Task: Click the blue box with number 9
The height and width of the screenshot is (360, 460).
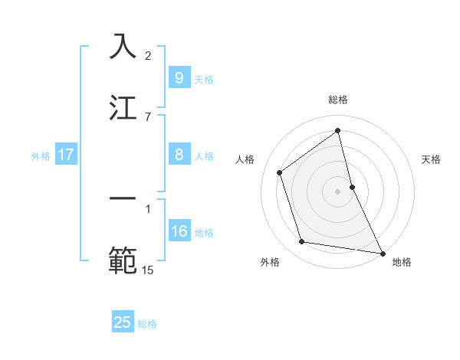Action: (x=179, y=78)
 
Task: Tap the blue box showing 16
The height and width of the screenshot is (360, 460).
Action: (x=179, y=232)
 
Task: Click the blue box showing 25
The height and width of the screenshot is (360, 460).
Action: (x=123, y=322)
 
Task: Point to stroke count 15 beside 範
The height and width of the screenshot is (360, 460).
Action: (x=148, y=270)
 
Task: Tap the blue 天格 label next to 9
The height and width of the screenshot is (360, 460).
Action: (x=204, y=80)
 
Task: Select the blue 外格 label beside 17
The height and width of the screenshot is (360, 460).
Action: (x=41, y=156)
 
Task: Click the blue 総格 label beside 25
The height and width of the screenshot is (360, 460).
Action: (x=147, y=324)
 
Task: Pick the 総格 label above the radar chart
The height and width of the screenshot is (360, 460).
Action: (x=338, y=100)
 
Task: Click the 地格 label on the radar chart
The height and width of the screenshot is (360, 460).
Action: (x=402, y=262)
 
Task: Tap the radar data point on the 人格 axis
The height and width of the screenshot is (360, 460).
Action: (x=280, y=172)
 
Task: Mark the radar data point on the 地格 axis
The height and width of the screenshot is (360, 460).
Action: (x=381, y=252)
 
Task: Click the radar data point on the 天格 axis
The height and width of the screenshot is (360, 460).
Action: (x=352, y=186)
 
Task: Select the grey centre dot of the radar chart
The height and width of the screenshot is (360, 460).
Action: (x=338, y=191)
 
